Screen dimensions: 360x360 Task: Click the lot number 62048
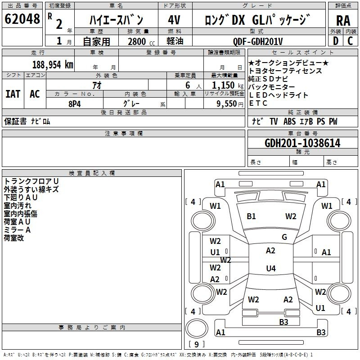[x=22, y=19]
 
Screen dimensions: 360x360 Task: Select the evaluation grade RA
[x=343, y=21]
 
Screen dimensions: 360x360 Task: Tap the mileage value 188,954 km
[x=53, y=65]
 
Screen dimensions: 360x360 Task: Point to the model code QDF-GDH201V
[x=257, y=41]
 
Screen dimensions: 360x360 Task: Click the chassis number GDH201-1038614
[x=302, y=143]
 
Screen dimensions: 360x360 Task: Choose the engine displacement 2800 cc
[x=141, y=41]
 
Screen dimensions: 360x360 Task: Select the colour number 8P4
[x=75, y=104]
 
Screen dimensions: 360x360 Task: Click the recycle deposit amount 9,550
[x=227, y=104]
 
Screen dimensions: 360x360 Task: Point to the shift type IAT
[x=13, y=94]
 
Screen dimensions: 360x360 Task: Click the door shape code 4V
[x=174, y=20]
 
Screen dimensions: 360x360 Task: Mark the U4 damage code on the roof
[x=271, y=268]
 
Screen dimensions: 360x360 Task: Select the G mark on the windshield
[x=284, y=237]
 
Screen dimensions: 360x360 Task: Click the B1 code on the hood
[x=251, y=216]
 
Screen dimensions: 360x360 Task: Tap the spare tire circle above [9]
[x=197, y=328]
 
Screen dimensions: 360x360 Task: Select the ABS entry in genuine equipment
[x=289, y=121]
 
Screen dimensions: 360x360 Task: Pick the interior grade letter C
[x=350, y=41]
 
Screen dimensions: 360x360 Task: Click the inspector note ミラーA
[x=17, y=230]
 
